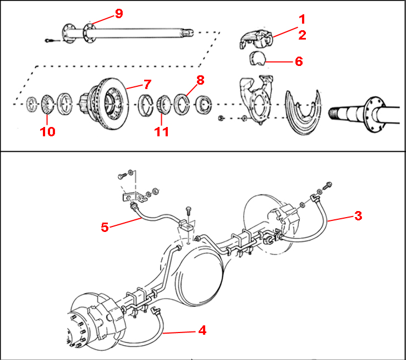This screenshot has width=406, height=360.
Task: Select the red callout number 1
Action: (x=302, y=19)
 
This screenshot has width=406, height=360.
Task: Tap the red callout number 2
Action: (x=302, y=35)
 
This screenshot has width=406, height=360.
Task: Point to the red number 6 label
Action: (x=299, y=60)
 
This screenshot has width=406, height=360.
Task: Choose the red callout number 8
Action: (x=200, y=80)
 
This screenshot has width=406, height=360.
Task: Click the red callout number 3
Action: (x=358, y=215)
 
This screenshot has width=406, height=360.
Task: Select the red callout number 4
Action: (x=202, y=330)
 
